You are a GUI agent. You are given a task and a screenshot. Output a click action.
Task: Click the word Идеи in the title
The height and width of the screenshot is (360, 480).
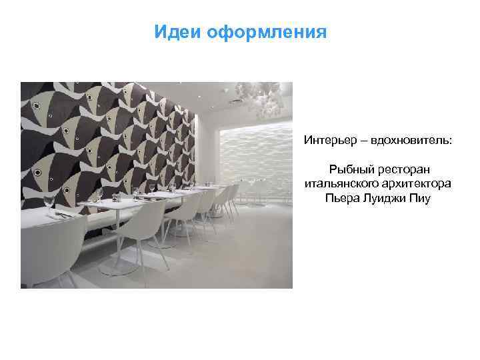click(x=173, y=32)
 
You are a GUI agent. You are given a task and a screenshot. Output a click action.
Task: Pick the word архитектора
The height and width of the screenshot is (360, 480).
click(x=414, y=184)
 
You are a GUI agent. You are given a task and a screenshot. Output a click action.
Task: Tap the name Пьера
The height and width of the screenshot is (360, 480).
click(x=340, y=198)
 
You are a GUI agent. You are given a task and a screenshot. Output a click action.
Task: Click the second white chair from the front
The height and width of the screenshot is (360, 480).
click(x=143, y=230)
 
